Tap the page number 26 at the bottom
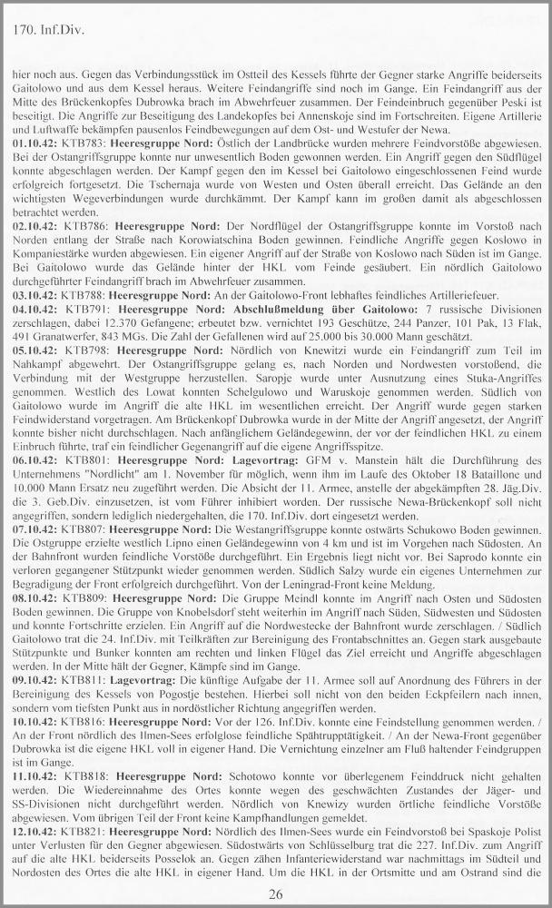click(275, 895)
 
